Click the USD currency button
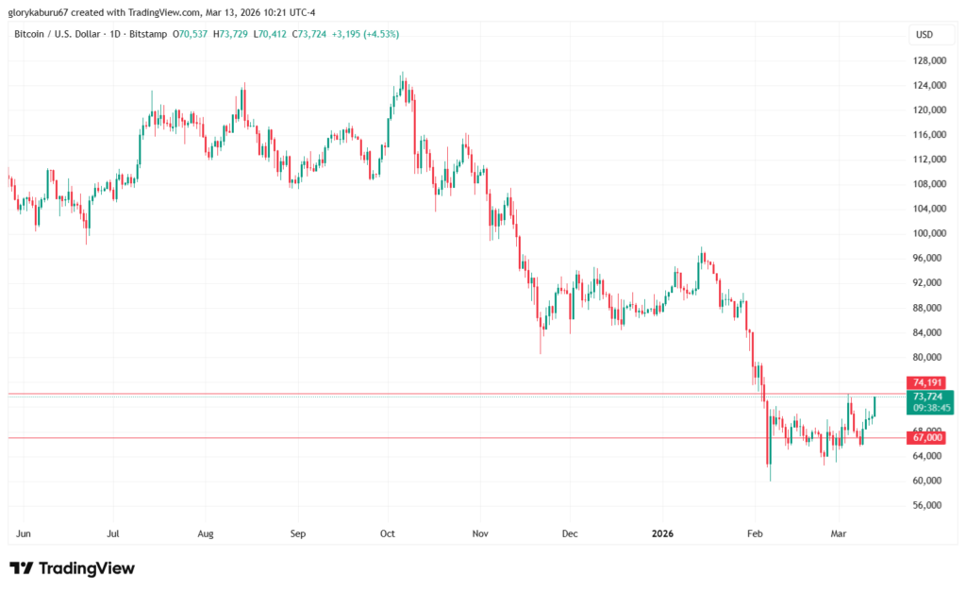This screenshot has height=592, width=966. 924,35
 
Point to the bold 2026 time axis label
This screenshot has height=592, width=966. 663,534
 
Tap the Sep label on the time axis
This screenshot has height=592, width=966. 298,534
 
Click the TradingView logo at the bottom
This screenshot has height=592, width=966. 73,568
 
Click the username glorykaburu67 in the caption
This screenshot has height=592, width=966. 42,12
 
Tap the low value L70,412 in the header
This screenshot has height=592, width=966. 275,34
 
